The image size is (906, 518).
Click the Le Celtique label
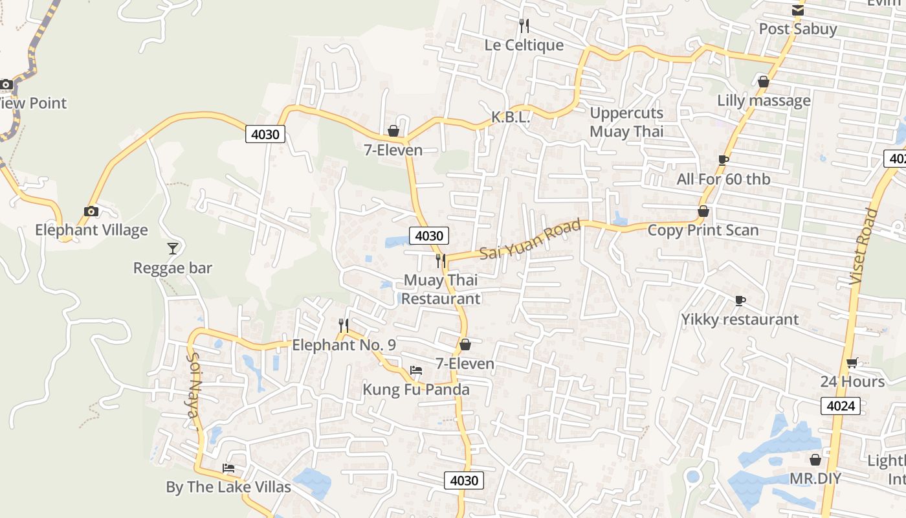[x=524, y=45]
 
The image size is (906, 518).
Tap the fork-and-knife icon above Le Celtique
[x=524, y=26]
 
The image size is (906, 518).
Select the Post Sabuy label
[x=797, y=29]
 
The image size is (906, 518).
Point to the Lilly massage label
[x=764, y=101]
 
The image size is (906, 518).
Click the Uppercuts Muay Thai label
[x=626, y=122]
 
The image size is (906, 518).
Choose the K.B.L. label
[x=511, y=117]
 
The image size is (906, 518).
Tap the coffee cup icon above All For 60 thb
[x=724, y=160]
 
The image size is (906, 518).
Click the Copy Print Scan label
[x=703, y=231]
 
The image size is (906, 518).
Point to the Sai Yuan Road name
[x=531, y=240]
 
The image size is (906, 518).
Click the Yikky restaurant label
[x=740, y=320]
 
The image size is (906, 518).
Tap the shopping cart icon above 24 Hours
[x=852, y=363]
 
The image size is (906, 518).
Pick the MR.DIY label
[x=815, y=479]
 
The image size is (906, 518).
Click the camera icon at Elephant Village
[x=91, y=211]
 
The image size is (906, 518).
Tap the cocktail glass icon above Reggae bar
[x=173, y=249]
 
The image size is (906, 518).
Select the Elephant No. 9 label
[x=344, y=345]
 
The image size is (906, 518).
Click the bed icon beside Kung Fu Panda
[x=416, y=370]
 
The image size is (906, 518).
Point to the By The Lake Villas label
[x=228, y=487]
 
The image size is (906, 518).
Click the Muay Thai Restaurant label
[x=441, y=289]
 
